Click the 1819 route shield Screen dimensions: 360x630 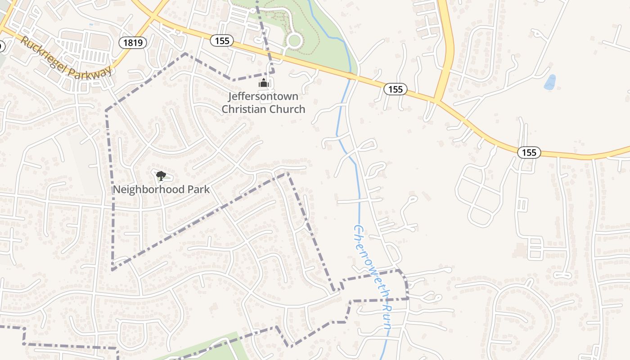(133, 43)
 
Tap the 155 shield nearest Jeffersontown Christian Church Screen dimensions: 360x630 (222, 41)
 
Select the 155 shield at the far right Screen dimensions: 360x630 (529, 153)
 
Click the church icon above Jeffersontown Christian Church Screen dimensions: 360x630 (264, 83)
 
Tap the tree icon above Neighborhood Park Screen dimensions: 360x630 (161, 175)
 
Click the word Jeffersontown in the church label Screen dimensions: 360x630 (263, 96)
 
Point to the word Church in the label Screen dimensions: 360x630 (285, 109)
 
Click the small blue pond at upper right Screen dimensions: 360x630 (549, 82)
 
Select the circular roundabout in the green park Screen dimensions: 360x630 (294, 41)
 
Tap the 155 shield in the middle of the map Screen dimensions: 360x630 (395, 89)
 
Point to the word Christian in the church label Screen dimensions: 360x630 (243, 109)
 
